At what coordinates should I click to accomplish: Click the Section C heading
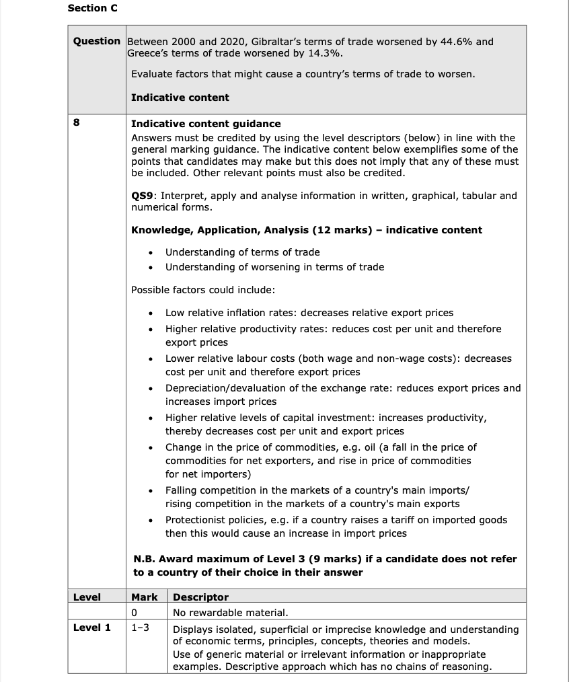pyautogui.click(x=88, y=8)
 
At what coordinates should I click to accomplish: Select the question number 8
pyautogui.click(x=77, y=124)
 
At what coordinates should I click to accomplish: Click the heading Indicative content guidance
pyautogui.click(x=206, y=124)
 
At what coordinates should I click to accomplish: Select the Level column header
pyautogui.click(x=87, y=597)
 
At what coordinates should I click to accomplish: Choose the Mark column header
pyautogui.click(x=145, y=597)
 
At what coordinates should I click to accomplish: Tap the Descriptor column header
pyautogui.click(x=200, y=597)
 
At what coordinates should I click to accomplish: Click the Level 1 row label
pyautogui.click(x=92, y=628)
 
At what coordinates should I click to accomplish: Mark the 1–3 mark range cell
pyautogui.click(x=140, y=628)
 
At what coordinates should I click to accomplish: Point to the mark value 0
pyautogui.click(x=135, y=613)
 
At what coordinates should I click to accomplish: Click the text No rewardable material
pyautogui.click(x=230, y=613)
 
